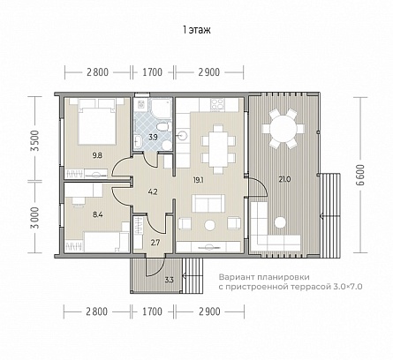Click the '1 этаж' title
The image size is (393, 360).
point(197,30)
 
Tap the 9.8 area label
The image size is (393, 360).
point(97,155)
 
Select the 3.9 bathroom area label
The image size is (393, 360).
point(153,137)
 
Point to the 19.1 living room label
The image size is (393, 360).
point(199,180)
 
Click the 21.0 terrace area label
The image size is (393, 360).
point(284,179)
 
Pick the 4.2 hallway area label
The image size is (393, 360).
point(153,192)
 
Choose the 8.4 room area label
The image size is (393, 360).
point(98,214)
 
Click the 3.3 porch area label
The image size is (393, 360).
point(169,280)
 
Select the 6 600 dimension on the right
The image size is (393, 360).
point(361,175)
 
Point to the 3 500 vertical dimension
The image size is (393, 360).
point(34,140)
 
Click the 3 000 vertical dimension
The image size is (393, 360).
point(34,218)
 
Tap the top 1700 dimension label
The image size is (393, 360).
point(153,72)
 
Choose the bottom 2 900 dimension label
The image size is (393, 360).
point(209,311)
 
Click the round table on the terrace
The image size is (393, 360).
point(283,129)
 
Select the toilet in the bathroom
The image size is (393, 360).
point(162,127)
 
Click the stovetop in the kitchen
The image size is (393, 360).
point(217,103)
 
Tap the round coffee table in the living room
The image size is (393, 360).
point(210,225)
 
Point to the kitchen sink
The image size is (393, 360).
point(182,136)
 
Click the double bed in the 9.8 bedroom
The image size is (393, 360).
point(97,121)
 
